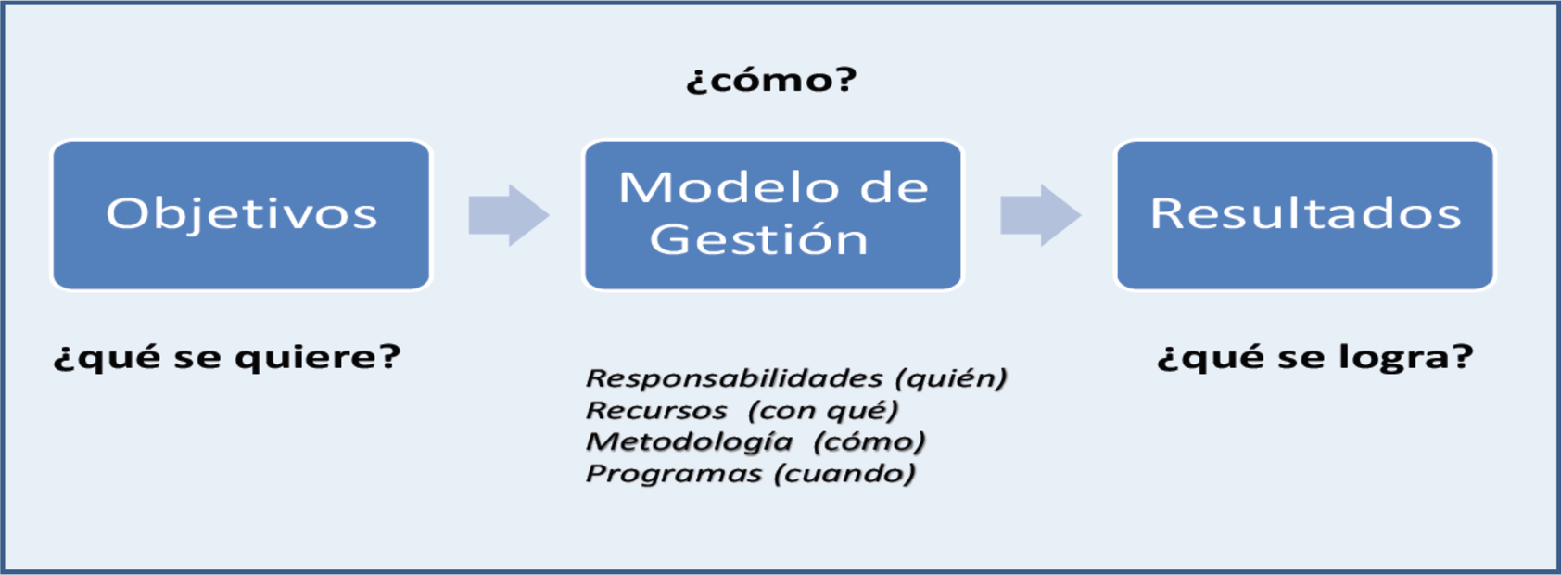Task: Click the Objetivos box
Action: (242, 214)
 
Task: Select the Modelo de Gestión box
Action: (773, 214)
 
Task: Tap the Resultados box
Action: (1305, 214)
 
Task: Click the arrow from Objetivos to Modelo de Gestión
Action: (509, 214)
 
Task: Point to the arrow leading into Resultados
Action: (1040, 214)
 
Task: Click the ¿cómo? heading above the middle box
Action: (771, 80)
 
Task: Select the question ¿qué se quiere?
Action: (227, 358)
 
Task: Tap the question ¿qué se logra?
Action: (1315, 358)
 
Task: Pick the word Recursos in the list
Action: (656, 410)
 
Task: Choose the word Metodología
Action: (690, 441)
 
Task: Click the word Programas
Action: (674, 474)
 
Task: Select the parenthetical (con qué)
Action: (823, 410)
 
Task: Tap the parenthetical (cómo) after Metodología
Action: (869, 441)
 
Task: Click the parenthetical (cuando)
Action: (845, 474)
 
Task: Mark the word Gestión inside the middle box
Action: (759, 240)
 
